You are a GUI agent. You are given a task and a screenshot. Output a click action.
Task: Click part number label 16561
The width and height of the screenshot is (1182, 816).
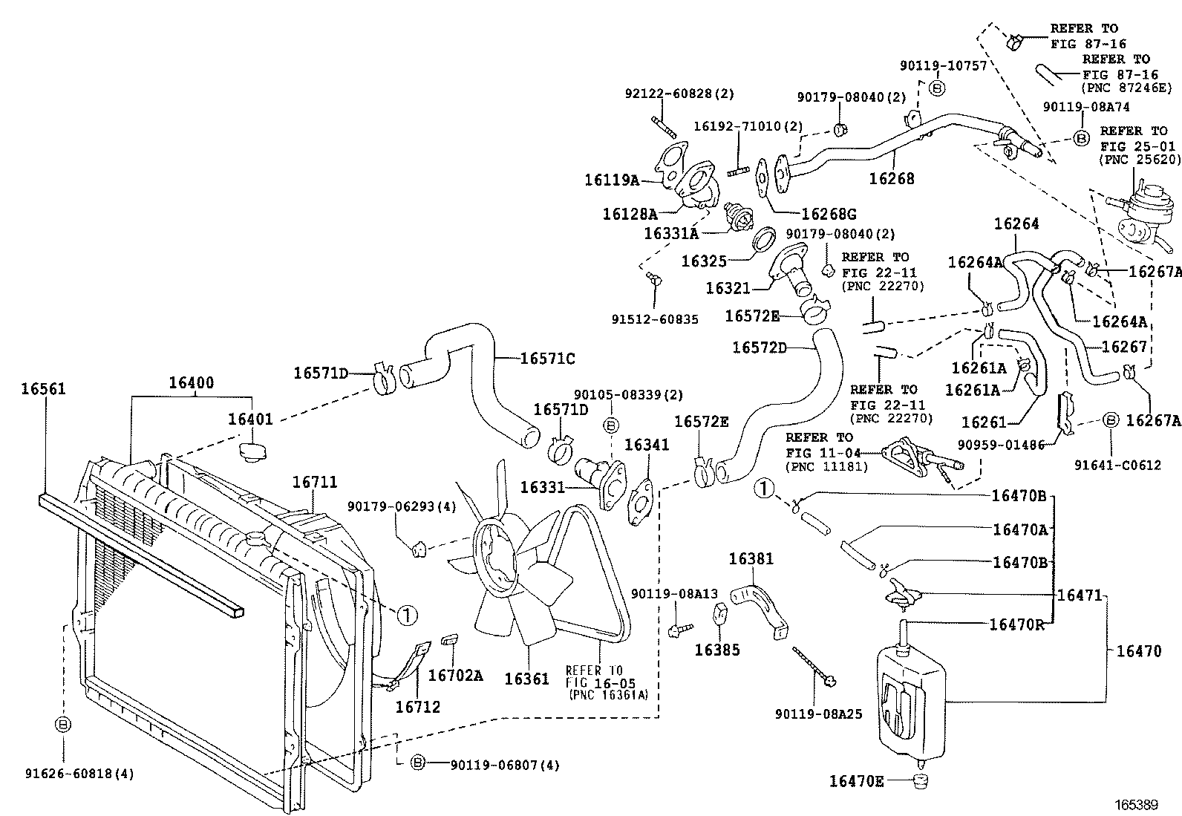(x=43, y=388)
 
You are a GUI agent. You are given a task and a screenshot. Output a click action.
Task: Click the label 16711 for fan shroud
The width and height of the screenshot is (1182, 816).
(x=315, y=482)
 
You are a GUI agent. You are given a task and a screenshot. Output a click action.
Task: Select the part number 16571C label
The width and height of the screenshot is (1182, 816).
(x=547, y=359)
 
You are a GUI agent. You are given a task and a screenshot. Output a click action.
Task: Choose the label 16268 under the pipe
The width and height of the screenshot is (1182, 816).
(x=892, y=178)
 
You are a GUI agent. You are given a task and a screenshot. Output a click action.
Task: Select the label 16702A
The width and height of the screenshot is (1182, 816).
(x=456, y=675)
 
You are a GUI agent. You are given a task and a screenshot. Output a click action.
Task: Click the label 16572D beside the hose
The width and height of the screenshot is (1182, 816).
(x=760, y=347)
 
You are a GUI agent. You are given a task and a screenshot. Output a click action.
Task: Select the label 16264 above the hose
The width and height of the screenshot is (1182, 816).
(x=1016, y=223)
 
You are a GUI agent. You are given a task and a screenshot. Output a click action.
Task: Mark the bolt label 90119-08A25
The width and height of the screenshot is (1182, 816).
(x=818, y=714)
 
